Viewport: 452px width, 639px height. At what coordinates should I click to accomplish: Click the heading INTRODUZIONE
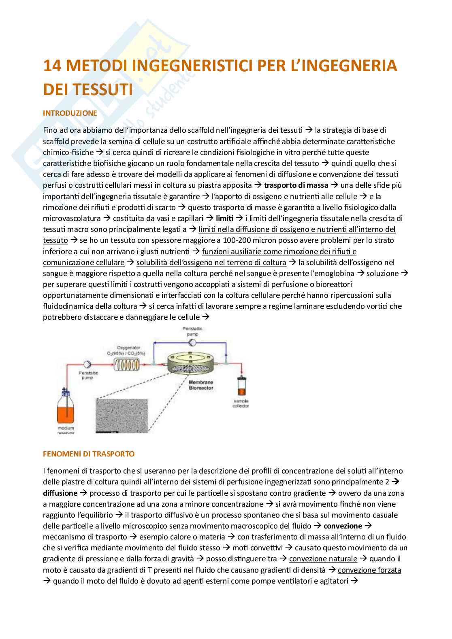pos(70,113)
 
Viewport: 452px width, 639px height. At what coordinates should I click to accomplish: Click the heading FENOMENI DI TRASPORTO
pos(88,454)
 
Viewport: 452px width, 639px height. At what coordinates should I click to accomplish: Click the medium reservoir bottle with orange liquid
pos(64,407)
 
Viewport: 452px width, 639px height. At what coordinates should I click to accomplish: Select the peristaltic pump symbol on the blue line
pos(193,342)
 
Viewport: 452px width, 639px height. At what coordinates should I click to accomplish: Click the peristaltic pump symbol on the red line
pos(86,363)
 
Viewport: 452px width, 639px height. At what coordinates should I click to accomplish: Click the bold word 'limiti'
pos(225,218)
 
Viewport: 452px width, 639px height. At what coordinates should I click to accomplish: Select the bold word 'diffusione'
pos(60,493)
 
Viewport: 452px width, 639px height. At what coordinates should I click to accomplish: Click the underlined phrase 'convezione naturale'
pos(323,559)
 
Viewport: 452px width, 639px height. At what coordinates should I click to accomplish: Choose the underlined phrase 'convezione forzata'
pos(369,570)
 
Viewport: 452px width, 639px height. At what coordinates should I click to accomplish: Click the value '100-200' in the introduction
pos(239,240)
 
